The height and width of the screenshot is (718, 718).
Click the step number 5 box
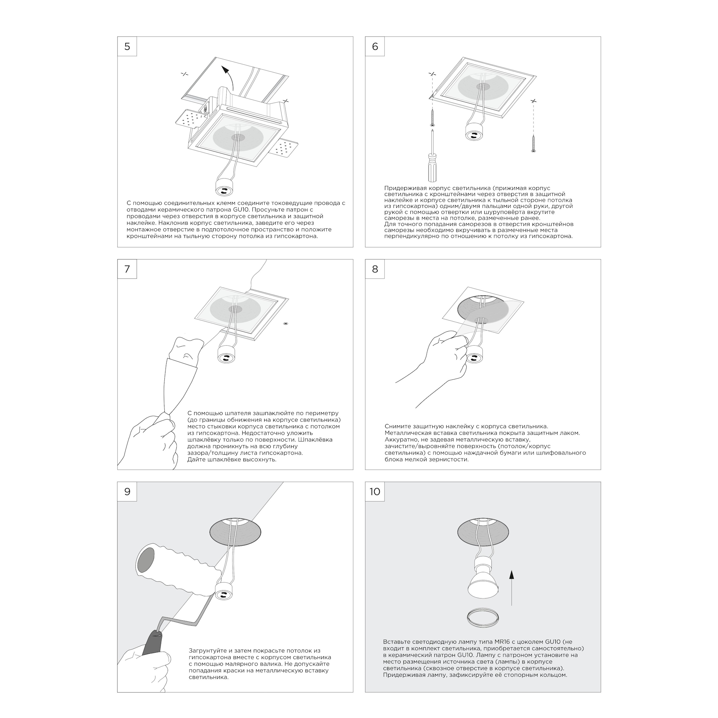pos(127,46)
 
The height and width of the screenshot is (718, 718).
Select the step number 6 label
pos(375,46)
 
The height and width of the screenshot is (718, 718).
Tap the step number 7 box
pos(127,269)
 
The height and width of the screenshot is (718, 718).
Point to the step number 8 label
pos(375,269)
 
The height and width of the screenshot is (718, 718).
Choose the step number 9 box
pos(127,492)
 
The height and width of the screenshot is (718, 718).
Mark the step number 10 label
pos(375,492)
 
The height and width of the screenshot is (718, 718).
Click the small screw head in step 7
pos(285,323)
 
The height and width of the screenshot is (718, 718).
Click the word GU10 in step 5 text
pos(242,210)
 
